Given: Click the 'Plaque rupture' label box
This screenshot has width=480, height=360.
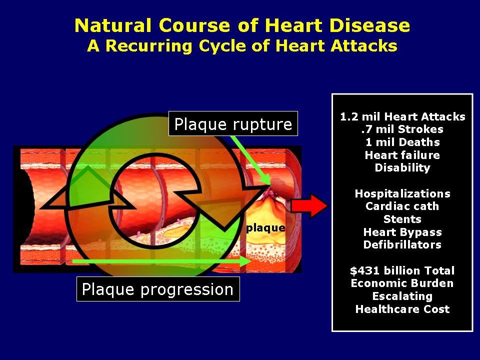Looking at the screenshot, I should pyautogui.click(x=233, y=123).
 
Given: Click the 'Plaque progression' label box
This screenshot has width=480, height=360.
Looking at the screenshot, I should pyautogui.click(x=157, y=289).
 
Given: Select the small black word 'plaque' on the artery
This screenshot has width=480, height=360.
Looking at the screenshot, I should pyautogui.click(x=265, y=228).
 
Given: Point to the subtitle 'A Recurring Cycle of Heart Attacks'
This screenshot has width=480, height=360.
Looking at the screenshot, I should pyautogui.click(x=242, y=45).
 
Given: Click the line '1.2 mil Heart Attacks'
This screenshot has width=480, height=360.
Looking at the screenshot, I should pyautogui.click(x=402, y=117).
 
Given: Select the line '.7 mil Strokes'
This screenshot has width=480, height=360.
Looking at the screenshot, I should pyautogui.click(x=402, y=129).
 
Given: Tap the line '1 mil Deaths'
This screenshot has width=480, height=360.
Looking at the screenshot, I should pyautogui.click(x=402, y=142).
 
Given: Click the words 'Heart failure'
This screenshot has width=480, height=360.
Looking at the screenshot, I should pyautogui.click(x=402, y=155).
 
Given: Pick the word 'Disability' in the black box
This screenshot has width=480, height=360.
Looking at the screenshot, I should pyautogui.click(x=402, y=168).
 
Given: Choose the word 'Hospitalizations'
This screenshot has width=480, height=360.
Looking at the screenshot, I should pyautogui.click(x=402, y=193).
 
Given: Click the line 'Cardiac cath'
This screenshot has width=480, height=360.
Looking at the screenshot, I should pyautogui.click(x=402, y=206).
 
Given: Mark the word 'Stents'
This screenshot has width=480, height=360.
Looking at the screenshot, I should pyautogui.click(x=402, y=219).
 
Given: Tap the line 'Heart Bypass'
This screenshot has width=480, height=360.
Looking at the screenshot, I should pyautogui.click(x=402, y=232).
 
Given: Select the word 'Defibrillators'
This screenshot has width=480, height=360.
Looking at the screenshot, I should pyautogui.click(x=402, y=244).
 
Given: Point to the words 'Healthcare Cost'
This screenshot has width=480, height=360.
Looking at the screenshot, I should pyautogui.click(x=402, y=309).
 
